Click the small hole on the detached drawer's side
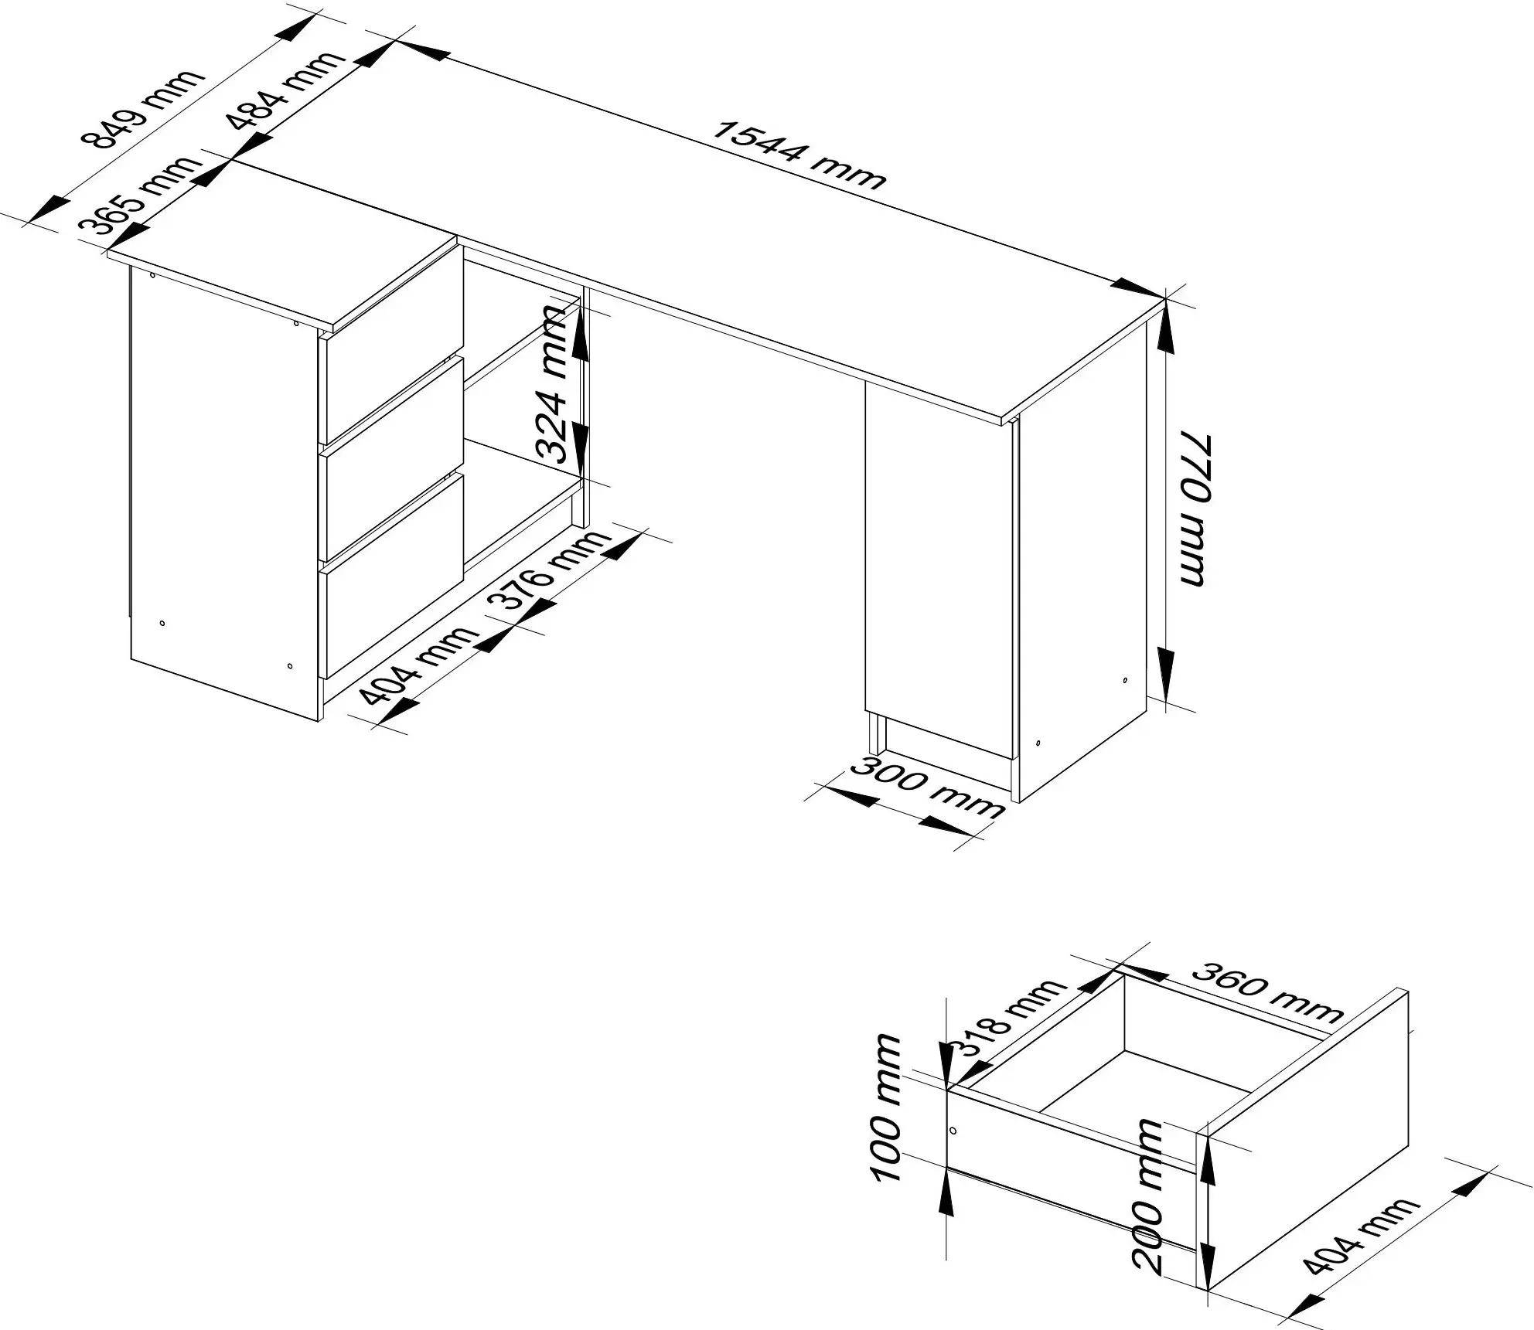954,1131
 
